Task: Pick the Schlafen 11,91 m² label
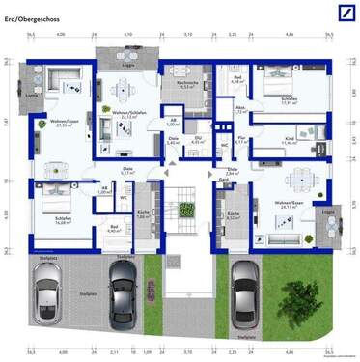click(x=288, y=100)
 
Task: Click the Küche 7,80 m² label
click(x=142, y=215)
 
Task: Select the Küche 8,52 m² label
click(x=233, y=216)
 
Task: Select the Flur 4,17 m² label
click(x=243, y=141)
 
